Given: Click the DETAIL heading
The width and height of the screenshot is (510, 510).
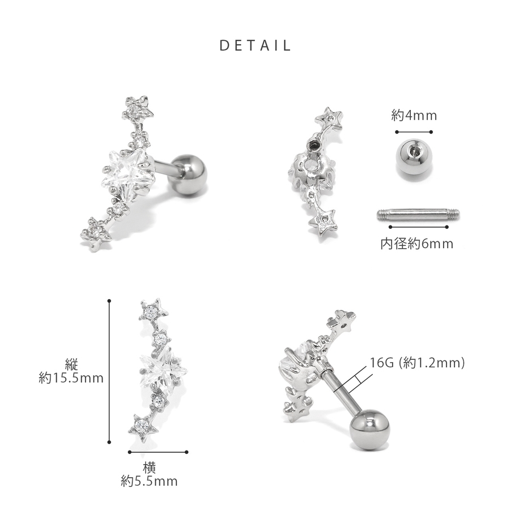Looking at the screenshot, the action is [x=255, y=45].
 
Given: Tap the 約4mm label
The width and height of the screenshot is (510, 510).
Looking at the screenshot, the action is [x=414, y=116].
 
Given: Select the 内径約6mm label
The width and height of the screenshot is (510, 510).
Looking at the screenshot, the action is [x=416, y=244].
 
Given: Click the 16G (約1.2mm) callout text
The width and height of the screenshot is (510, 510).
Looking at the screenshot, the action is [x=417, y=363].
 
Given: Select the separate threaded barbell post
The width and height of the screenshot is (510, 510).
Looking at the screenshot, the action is [x=418, y=214].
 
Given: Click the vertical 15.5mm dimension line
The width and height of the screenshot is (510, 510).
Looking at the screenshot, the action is [x=109, y=371].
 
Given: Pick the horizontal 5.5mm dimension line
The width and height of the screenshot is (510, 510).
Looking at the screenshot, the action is [x=158, y=452].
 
